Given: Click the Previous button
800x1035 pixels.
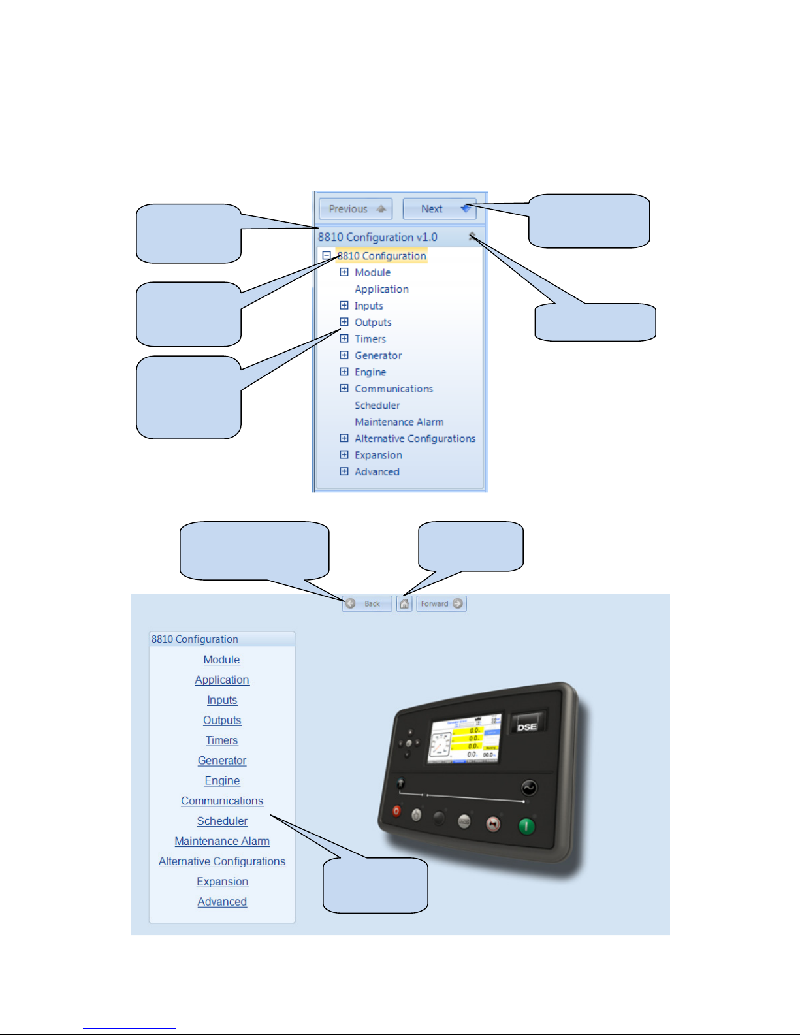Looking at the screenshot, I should (355, 209).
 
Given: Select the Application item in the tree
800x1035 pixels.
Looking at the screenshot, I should (381, 289).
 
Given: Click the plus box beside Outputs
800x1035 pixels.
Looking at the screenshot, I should (344, 322).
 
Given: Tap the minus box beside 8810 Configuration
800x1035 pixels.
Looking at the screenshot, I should (327, 256).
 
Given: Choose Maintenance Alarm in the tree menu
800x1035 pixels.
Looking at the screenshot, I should (399, 422).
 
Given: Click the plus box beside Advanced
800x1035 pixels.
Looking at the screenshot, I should (344, 471).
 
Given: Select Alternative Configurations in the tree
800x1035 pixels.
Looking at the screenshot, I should (415, 439).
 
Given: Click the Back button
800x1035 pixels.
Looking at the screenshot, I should (366, 603).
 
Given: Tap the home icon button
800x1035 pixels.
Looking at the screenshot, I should (404, 603).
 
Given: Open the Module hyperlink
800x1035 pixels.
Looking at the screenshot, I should (221, 660).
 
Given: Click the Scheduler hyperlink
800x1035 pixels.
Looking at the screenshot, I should (222, 821).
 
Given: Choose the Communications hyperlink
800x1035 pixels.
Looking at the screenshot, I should (222, 801).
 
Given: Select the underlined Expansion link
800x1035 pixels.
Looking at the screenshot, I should (222, 882).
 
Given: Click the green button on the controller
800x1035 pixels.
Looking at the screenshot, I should (526, 827).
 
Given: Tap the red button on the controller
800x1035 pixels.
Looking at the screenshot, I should (396, 811).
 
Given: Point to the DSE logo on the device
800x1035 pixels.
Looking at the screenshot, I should (527, 726).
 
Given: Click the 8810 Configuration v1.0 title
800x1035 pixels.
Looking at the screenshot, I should (377, 237).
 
